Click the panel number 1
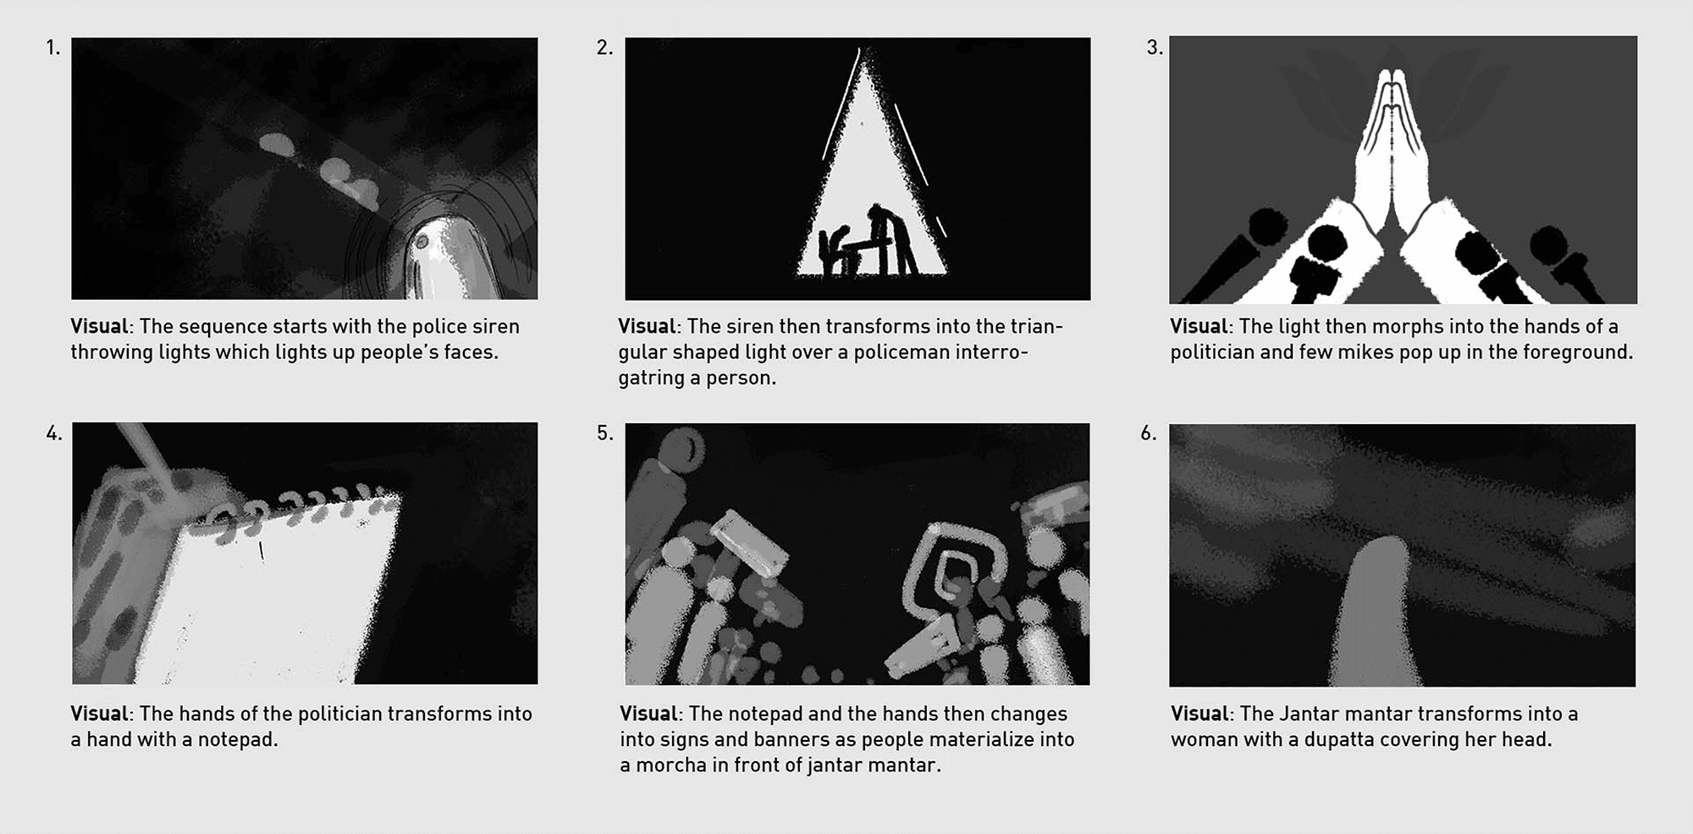(52, 47)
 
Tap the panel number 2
(604, 47)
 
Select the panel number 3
(1155, 47)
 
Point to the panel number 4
(53, 434)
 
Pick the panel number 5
(604, 434)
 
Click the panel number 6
(1148, 434)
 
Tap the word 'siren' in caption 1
(496, 327)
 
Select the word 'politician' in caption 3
(1212, 352)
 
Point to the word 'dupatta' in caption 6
(1338, 740)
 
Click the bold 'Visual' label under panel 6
(1199, 714)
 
